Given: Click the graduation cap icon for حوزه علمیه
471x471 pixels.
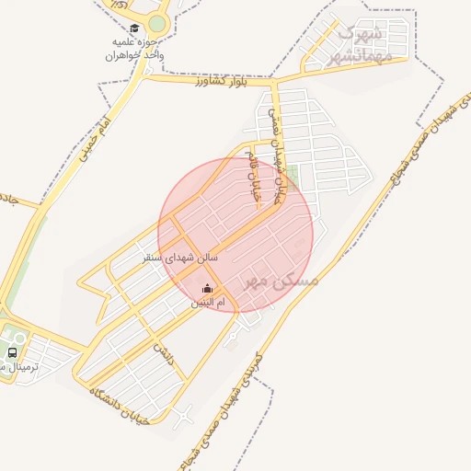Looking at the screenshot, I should [135, 29].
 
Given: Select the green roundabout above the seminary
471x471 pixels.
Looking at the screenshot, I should [157, 24].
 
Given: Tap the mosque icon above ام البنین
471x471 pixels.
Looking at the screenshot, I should [206, 289].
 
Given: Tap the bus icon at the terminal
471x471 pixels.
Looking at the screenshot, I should [12, 352].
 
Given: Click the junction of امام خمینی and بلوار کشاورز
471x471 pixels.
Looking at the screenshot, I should [145, 76].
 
